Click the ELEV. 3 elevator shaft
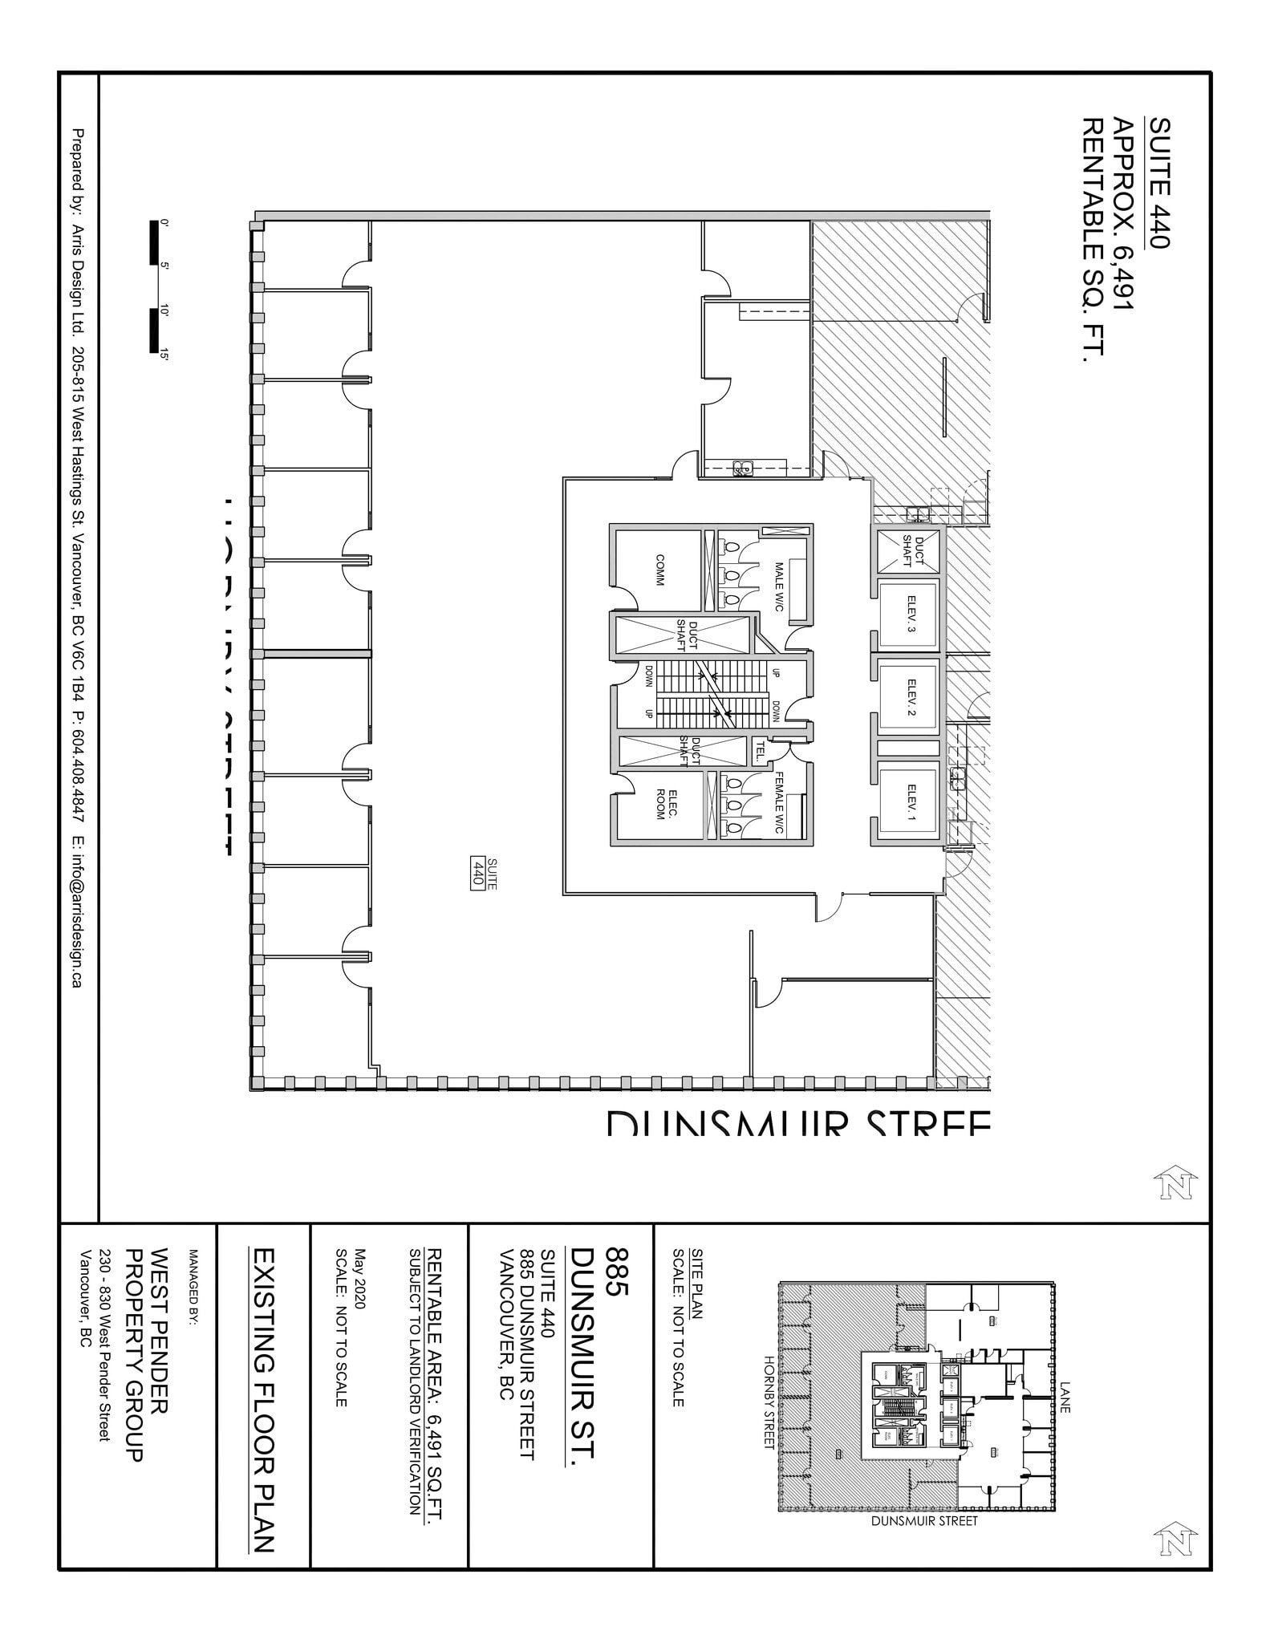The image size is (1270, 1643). pos(907,614)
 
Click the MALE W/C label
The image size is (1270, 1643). pos(777,586)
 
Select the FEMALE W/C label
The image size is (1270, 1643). pos(777,803)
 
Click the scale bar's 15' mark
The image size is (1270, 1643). pos(164,354)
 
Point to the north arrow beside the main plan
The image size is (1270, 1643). pos(1175,1183)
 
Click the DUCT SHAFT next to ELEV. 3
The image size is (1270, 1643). pos(907,551)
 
